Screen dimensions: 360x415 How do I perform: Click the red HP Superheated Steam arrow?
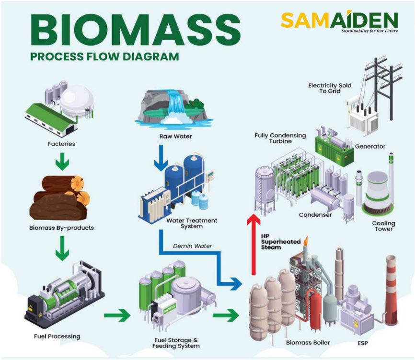coord(253,244)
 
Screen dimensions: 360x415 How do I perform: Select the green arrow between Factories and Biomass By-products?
coord(62,163)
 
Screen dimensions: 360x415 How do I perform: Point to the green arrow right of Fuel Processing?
coord(117,315)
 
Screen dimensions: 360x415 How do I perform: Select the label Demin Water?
coord(193,246)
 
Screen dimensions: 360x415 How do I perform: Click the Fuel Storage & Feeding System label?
coord(176,342)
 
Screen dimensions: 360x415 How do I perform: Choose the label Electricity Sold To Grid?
coord(329,88)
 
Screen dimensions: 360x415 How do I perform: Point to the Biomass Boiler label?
coord(308,342)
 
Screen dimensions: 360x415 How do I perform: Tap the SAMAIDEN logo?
coord(339,21)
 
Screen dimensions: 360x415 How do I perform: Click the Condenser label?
coord(315,215)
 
